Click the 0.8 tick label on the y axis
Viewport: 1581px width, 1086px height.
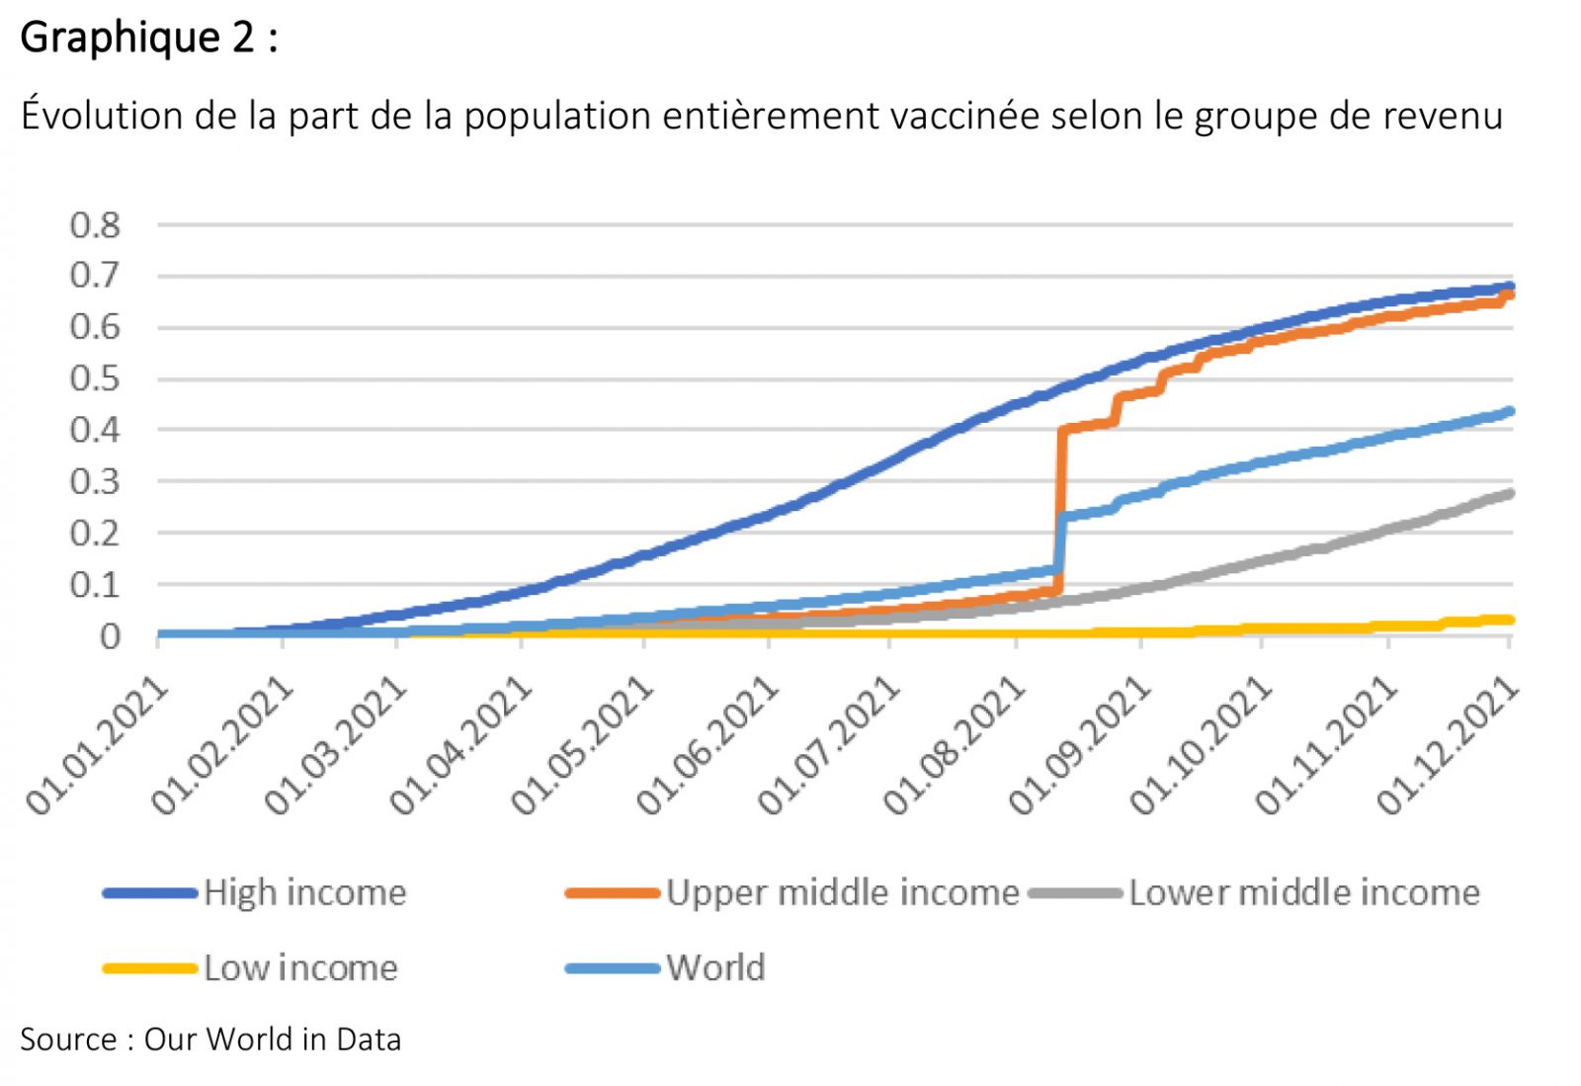point(95,225)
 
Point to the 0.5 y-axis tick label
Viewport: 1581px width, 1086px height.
point(95,378)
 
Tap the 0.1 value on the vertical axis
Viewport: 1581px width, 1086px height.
point(95,585)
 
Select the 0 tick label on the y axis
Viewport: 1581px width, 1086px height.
point(110,636)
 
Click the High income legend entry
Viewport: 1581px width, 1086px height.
point(304,893)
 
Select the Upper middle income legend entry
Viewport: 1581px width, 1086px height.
point(842,893)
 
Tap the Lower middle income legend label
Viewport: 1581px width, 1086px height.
point(1304,893)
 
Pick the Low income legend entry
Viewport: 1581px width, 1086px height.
point(300,968)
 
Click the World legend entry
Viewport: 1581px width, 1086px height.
point(715,968)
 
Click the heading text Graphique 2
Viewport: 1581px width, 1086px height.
point(148,38)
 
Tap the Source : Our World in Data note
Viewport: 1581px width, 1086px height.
point(210,1040)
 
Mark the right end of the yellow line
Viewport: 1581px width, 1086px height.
point(1509,620)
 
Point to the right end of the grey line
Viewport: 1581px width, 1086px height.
point(1509,493)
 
